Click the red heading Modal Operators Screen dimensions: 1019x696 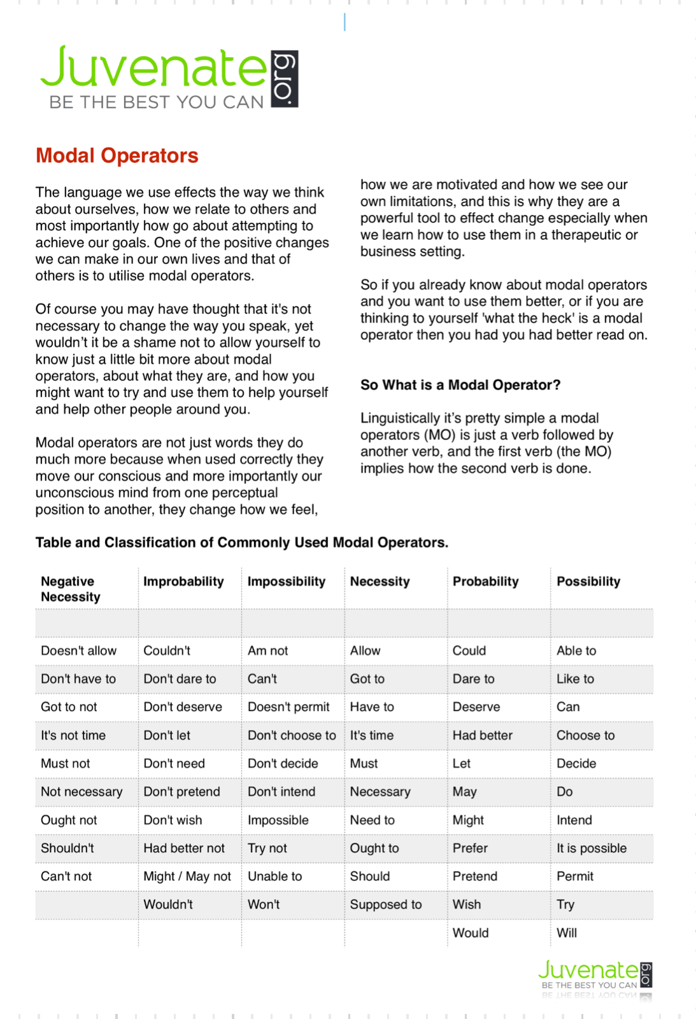click(117, 156)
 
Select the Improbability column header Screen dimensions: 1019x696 click(183, 581)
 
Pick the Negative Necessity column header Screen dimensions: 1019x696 click(70, 589)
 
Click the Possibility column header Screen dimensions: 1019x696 click(588, 581)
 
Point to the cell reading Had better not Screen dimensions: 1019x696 click(184, 848)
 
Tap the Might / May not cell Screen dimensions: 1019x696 click(187, 876)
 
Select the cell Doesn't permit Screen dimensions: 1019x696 click(288, 706)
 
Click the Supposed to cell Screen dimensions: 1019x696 click(385, 904)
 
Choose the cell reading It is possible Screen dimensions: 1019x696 click(591, 848)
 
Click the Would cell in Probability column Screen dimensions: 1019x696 click(471, 932)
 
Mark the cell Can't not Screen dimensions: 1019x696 click(66, 876)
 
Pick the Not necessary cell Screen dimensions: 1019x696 click(82, 792)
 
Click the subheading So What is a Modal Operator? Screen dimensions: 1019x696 click(460, 385)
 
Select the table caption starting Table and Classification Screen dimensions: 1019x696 click(242, 542)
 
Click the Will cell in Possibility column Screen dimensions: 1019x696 click(566, 932)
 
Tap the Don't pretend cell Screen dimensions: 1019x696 click(181, 792)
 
